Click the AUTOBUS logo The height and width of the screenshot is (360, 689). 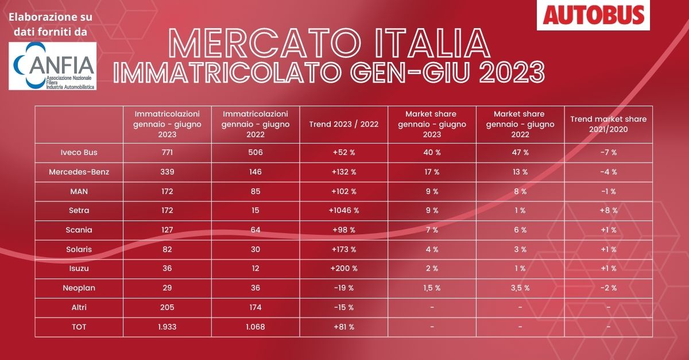pos(594,14)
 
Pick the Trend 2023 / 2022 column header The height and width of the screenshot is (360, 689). pos(343,124)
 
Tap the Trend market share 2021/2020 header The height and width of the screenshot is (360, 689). pos(608,124)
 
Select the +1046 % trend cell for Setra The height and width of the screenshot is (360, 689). pos(343,210)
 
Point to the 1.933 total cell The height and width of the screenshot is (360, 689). pos(168,327)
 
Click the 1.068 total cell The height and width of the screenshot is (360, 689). pos(256,327)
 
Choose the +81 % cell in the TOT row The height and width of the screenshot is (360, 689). pos(343,327)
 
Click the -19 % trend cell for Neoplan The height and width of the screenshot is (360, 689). pos(343,288)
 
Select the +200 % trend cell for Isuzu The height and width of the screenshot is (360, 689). pos(343,268)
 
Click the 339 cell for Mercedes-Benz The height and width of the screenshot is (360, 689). pos(168,171)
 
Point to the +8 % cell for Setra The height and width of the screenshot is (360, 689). pos(608,210)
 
